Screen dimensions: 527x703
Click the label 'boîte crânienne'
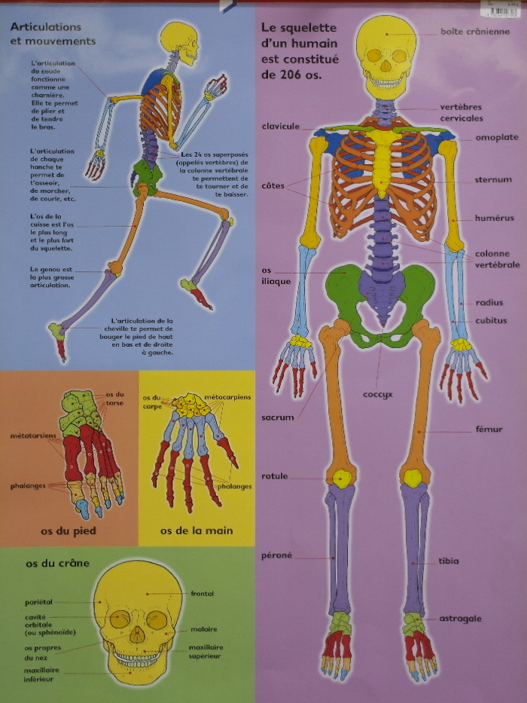[x=474, y=32]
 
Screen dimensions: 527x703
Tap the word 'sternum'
[x=493, y=180]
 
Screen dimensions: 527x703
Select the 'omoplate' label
[x=496, y=137]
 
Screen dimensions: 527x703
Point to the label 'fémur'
[x=489, y=429]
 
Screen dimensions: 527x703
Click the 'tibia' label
[x=469, y=561]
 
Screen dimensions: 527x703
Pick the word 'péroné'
[x=276, y=555]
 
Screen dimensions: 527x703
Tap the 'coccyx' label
[x=379, y=393]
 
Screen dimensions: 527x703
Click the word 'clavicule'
[x=281, y=127]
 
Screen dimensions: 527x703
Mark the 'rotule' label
[x=275, y=476]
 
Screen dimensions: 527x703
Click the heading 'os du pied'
[x=69, y=530]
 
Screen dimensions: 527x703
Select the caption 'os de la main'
[x=196, y=530]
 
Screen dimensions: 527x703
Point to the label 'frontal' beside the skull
[x=202, y=594]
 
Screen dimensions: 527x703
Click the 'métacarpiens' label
[x=227, y=396]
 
